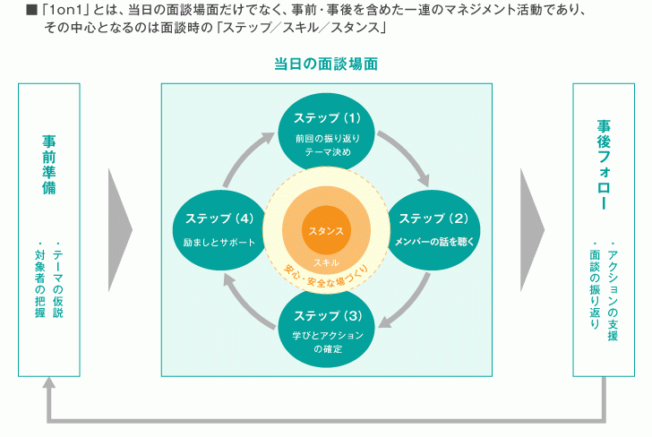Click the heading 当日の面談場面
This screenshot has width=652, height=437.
(326, 65)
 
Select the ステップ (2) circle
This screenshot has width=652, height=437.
(433, 229)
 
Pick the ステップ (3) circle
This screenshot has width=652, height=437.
(327, 326)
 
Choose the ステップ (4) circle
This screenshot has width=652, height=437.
(219, 229)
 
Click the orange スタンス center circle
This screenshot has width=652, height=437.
(326, 230)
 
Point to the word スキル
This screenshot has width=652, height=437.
(326, 261)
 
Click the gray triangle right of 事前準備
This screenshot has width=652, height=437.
(119, 230)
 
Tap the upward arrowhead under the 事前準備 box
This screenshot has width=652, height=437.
(50, 382)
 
